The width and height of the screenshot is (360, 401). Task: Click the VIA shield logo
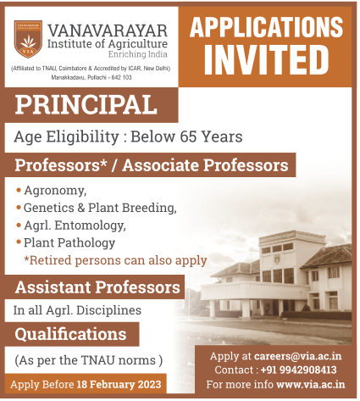pos(28,39)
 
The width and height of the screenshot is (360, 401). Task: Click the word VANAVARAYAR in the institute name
pos(108,31)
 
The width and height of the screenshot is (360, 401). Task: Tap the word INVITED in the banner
pos(266,60)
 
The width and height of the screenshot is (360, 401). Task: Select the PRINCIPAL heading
pos(86,104)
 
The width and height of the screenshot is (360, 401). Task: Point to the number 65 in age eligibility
pos(188,136)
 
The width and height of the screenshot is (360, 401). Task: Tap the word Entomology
pos(90,226)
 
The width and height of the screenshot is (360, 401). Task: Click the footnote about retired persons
pos(116,260)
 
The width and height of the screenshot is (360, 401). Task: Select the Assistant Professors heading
pos(97,287)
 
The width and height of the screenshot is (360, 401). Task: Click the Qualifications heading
pos(70,334)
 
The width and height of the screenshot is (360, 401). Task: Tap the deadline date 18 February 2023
pos(119,384)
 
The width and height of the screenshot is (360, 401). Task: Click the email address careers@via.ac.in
pos(297,356)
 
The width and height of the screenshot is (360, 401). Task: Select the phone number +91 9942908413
pos(299,370)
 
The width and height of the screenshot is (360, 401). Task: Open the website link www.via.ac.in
pos(311,384)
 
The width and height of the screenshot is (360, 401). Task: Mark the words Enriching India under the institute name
pos(138,54)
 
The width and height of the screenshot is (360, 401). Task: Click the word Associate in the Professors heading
pos(161,165)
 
